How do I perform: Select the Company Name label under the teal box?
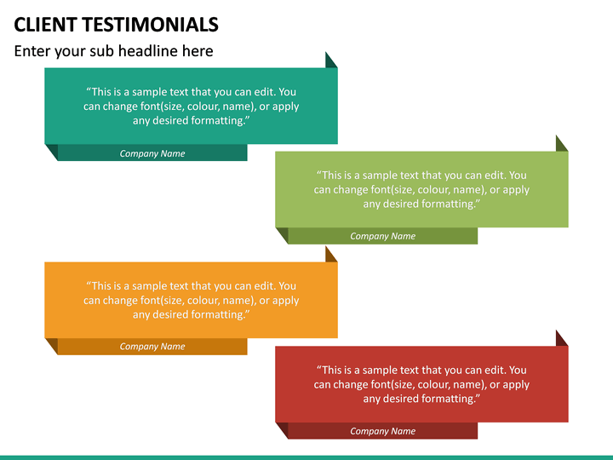coord(152,154)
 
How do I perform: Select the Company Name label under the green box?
coord(383,237)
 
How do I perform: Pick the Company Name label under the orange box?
coord(152,347)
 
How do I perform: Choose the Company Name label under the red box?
coord(383,431)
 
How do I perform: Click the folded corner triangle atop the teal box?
coord(330,61)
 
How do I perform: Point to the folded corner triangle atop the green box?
coord(560,145)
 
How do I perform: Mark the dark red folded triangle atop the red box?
coord(560,339)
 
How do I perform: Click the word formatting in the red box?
coord(446,399)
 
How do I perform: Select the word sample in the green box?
coord(379,175)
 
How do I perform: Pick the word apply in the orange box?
coord(284,301)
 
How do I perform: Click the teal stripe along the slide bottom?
coord(306,457)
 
